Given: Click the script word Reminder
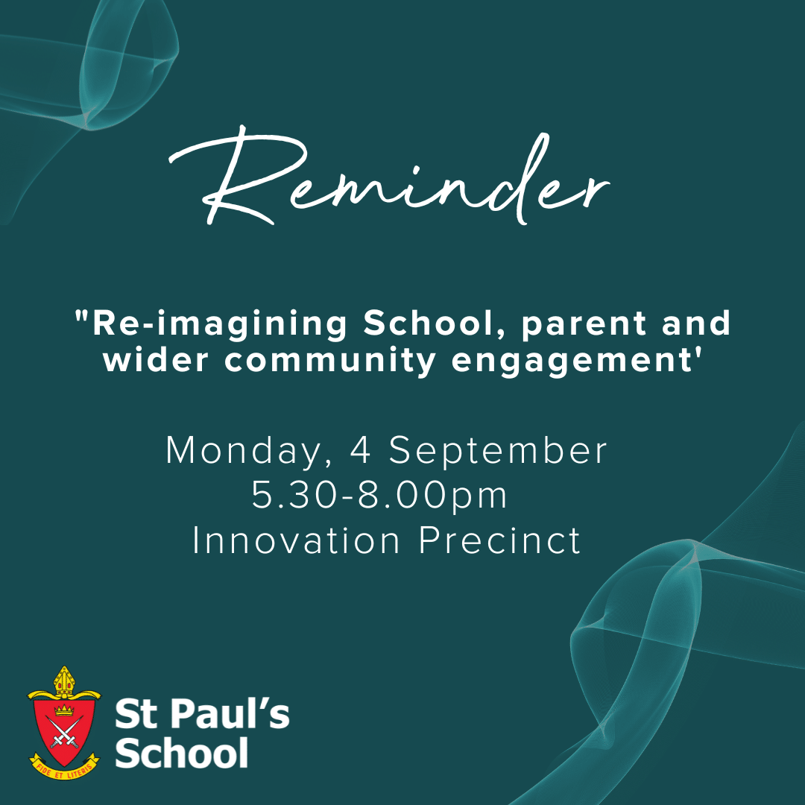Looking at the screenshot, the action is [x=389, y=177].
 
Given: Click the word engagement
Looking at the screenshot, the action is [x=572, y=362].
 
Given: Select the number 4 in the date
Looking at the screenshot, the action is [x=361, y=450].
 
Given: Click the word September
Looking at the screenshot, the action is [x=498, y=452].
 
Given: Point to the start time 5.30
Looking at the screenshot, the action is [x=294, y=496].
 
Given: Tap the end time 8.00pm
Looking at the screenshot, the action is [x=432, y=496].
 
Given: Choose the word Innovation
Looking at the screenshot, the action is [x=296, y=540].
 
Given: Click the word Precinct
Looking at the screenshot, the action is [x=499, y=540].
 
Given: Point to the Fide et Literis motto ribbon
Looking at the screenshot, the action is [x=64, y=766].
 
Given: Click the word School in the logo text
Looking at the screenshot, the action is [x=182, y=752].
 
